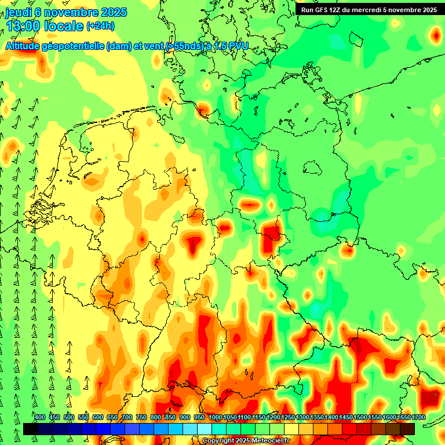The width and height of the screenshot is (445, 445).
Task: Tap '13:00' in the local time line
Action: pos(23,26)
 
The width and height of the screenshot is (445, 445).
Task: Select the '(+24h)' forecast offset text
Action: pos(100,26)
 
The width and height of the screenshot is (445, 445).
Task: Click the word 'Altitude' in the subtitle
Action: pos(27,46)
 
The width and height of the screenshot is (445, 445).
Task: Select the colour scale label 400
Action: pos(40,418)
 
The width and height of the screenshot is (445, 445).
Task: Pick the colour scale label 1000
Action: pos(215,418)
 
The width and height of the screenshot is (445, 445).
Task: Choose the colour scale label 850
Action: pos(170,418)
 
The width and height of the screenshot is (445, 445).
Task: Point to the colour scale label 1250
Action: pos(287,418)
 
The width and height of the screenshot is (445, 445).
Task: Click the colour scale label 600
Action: pos(98,418)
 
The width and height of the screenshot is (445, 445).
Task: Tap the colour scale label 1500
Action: pos(360,418)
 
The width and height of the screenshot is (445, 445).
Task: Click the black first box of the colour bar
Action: pos(31,429)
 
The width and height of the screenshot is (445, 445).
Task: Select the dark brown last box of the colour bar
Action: pos(407,429)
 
